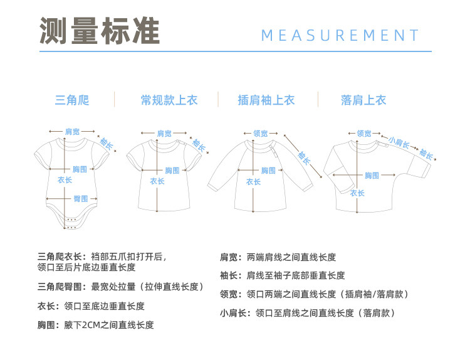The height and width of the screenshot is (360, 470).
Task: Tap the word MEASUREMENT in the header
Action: [340, 35]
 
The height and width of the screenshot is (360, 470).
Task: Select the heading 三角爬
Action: [72, 100]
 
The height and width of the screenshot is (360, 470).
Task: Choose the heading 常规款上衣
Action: [169, 100]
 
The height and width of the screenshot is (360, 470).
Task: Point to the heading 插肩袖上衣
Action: [266, 100]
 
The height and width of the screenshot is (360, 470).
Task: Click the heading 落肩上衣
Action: [363, 100]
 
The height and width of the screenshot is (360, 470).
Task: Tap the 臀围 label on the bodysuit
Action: [81, 198]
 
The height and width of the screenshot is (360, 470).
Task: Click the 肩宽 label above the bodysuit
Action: [72, 132]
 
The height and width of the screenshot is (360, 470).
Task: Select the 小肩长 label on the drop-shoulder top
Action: [399, 142]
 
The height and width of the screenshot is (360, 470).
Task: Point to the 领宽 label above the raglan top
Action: [260, 133]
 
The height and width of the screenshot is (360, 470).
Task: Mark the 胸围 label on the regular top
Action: [172, 170]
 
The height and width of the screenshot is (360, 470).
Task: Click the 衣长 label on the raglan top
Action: [253, 182]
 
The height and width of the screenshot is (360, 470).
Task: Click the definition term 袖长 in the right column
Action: [227, 275]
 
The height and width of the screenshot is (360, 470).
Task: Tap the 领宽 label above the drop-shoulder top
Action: [364, 133]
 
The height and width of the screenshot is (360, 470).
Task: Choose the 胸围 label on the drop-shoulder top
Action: [372, 176]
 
